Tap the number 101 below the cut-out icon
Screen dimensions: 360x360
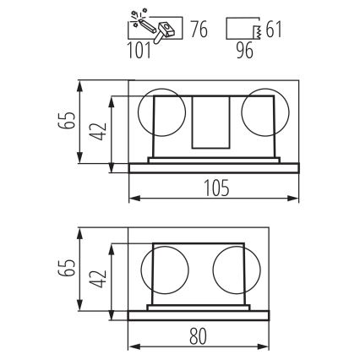(x=141, y=52)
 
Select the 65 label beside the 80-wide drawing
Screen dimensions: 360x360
(x=65, y=271)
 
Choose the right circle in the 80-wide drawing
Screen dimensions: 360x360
(x=232, y=270)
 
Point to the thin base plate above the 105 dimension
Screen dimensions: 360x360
(x=215, y=166)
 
